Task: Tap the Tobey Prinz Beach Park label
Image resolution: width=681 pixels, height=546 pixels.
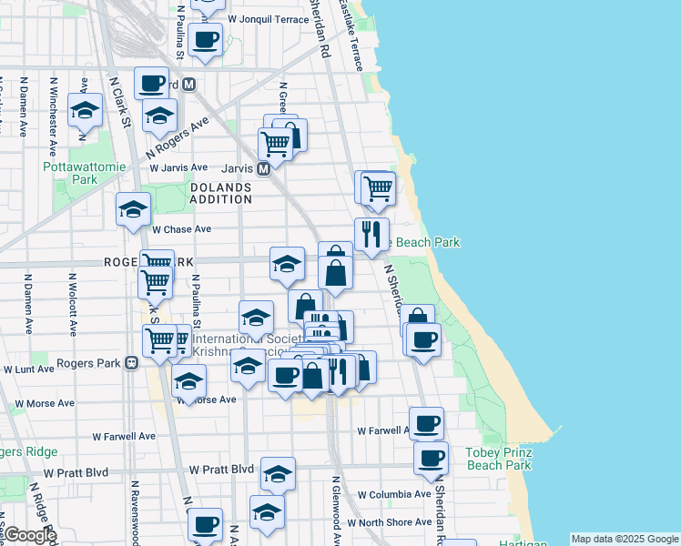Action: pos(498,459)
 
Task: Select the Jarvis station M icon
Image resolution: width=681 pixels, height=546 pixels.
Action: pos(263,169)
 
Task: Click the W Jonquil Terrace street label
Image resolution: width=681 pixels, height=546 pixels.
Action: pos(269,18)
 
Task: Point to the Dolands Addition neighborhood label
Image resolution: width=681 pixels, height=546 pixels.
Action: pos(221,193)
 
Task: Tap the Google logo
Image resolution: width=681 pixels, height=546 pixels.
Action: pos(29,535)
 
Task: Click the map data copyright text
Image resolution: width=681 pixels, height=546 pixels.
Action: pos(625,539)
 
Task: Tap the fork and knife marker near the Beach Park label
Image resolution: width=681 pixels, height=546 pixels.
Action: pos(371,234)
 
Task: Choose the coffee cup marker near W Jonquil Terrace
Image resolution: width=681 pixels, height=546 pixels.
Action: pos(206,40)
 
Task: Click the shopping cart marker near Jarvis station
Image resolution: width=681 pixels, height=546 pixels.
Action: pos(275,142)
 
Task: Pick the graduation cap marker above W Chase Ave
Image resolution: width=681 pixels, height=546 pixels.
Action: pos(133,208)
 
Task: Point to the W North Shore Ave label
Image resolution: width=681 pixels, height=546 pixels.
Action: pos(394,521)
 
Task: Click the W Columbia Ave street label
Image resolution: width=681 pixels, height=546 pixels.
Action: pos(393,494)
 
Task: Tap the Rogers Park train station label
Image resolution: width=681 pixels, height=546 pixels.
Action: pos(89,363)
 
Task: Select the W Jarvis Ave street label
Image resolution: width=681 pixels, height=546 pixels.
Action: pos(179,167)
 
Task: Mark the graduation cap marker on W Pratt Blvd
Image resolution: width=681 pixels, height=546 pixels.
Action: pos(279,472)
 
